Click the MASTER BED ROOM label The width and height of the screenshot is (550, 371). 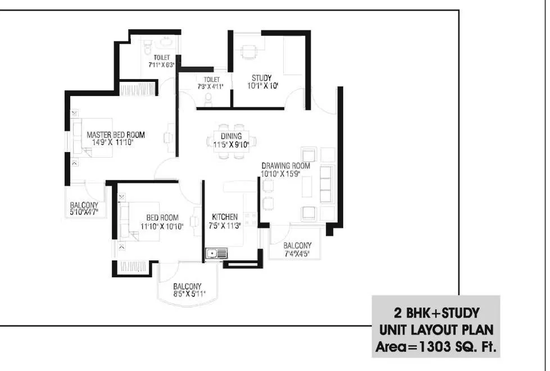coord(115,135)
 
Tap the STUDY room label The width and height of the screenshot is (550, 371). coord(261,78)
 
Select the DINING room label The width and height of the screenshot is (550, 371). coord(231,136)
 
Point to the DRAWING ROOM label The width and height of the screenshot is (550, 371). coord(285,166)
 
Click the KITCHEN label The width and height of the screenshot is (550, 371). coord(224,217)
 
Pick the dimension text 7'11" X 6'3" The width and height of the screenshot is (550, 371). coord(162,65)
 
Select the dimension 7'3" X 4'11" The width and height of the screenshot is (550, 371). coord(211,87)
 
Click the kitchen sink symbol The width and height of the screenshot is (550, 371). coord(216,254)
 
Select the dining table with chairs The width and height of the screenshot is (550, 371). coord(231,140)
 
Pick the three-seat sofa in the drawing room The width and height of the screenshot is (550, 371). coord(325,185)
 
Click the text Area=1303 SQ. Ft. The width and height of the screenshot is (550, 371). coord(436,348)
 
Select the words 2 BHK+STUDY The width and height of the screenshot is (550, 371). coord(436,312)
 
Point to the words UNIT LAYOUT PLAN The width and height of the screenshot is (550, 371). coord(436,330)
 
